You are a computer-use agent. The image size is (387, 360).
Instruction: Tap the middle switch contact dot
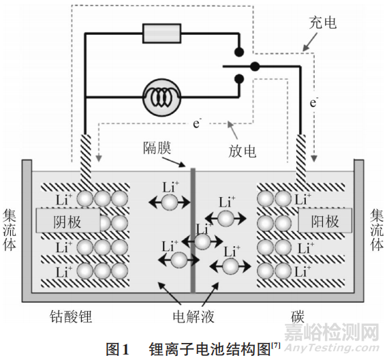click(x=255, y=66)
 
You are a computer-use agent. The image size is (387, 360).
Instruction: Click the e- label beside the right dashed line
click(x=314, y=103)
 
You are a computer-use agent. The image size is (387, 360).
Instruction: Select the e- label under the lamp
click(x=197, y=123)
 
